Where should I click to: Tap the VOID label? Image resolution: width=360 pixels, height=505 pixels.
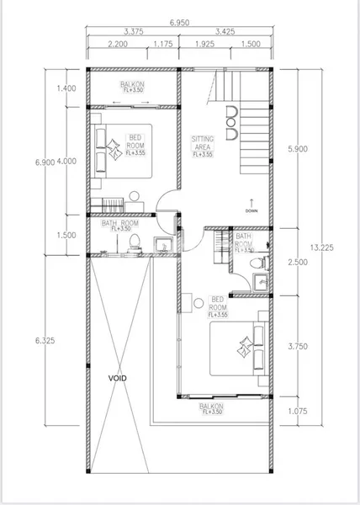click(118, 379)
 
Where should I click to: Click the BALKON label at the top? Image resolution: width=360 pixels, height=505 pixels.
click(131, 85)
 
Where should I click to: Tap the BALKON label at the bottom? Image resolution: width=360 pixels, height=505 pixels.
click(210, 408)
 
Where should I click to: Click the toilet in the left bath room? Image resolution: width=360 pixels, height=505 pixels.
click(133, 242)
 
